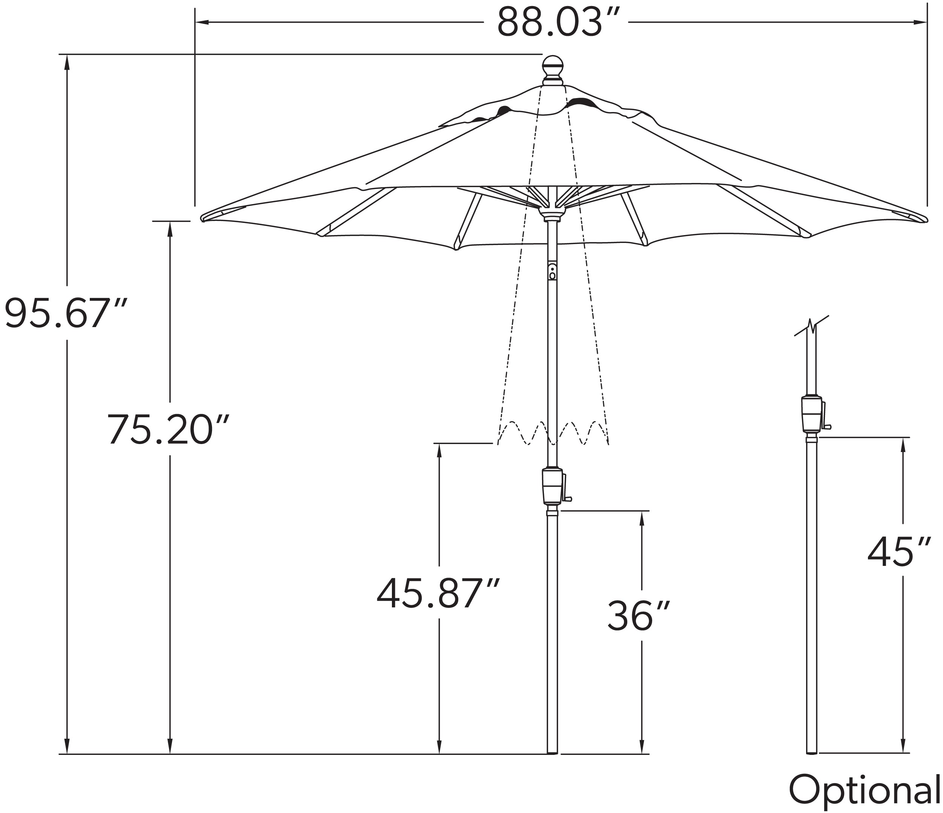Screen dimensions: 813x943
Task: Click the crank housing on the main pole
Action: click(x=553, y=486)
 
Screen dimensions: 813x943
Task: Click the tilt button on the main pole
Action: click(x=553, y=272)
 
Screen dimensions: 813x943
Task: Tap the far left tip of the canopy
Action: click(x=203, y=218)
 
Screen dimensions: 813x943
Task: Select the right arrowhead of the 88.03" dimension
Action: click(x=921, y=22)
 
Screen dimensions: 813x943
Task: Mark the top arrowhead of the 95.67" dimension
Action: click(x=68, y=61)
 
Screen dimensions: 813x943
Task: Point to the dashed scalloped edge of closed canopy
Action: click(x=553, y=433)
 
